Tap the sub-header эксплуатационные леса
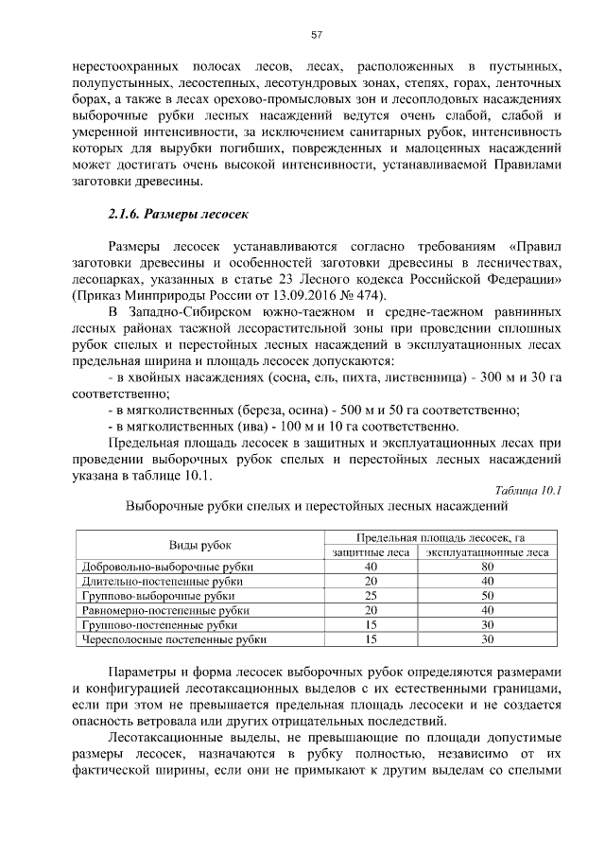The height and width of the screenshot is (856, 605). (488, 552)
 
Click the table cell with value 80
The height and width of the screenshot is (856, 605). (488, 567)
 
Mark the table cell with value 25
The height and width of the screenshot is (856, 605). (372, 597)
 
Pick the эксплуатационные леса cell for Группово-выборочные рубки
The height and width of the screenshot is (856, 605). (488, 597)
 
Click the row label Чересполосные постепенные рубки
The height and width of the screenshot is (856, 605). (175, 640)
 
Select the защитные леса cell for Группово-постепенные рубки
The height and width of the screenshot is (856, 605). (372, 625)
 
